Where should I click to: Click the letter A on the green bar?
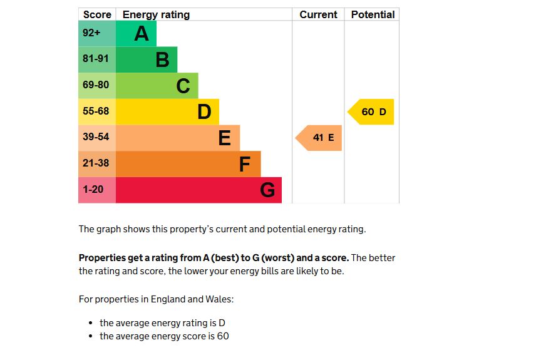click(x=142, y=33)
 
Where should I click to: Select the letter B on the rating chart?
click(x=162, y=59)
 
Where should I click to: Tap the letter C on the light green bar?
click(x=183, y=86)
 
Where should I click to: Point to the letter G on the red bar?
click(x=267, y=190)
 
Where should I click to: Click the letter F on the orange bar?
click(x=245, y=164)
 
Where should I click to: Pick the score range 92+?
click(x=91, y=33)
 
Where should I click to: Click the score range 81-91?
click(x=96, y=59)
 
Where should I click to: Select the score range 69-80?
click(x=96, y=85)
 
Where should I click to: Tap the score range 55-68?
click(x=96, y=111)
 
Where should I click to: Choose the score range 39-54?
click(x=96, y=137)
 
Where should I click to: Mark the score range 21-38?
click(x=96, y=163)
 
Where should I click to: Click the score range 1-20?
click(x=93, y=189)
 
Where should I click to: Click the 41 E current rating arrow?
click(x=321, y=138)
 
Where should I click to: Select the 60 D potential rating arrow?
click(x=373, y=112)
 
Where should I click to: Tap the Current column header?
click(x=318, y=14)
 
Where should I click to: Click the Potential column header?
click(x=373, y=14)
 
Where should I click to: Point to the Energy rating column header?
click(x=156, y=14)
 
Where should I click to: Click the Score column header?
click(x=97, y=14)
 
